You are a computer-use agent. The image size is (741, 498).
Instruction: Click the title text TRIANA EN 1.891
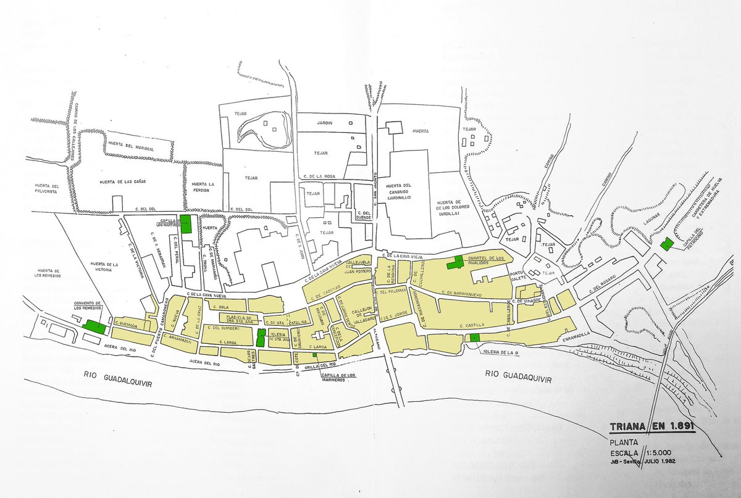(x=651, y=426)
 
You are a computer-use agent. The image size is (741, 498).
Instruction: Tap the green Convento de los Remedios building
(x=94, y=326)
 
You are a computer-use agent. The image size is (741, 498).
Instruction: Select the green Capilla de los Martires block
(x=186, y=224)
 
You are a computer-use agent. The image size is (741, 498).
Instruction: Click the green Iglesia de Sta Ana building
(x=261, y=337)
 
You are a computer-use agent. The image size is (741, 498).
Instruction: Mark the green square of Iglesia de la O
(x=474, y=338)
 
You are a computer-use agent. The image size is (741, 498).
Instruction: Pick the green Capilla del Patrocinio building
(x=666, y=244)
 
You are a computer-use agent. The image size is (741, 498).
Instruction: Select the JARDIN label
(x=325, y=123)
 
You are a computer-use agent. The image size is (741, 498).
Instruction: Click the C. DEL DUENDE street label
(x=363, y=214)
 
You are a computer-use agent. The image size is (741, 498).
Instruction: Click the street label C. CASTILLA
(x=471, y=323)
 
